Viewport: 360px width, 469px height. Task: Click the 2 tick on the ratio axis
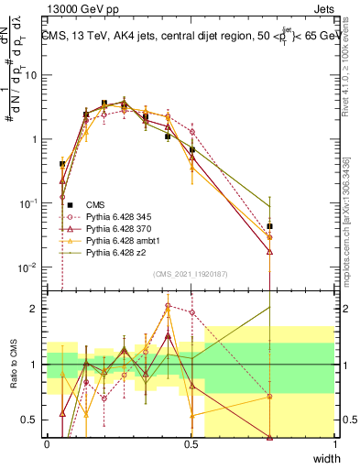pyautogui.click(x=38, y=309)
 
